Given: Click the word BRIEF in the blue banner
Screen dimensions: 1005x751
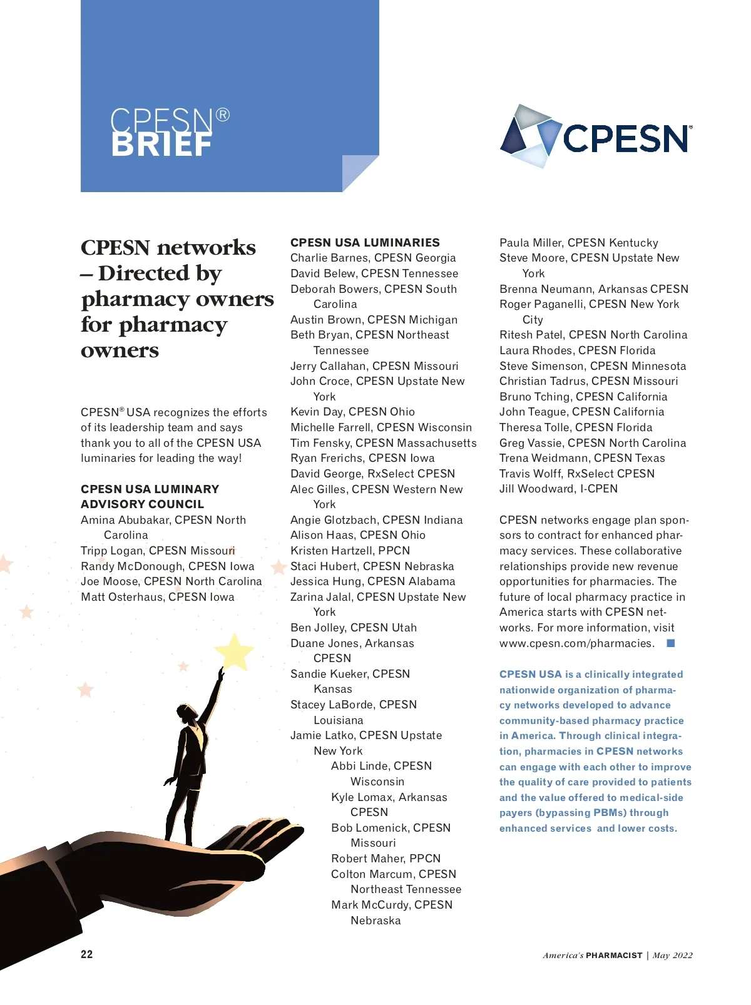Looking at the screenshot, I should point(161,145).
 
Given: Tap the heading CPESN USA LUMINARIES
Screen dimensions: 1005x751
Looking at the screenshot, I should point(365,242).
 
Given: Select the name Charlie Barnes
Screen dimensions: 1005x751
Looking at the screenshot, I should point(324,258).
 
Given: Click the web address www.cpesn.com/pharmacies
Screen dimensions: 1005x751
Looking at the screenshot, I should point(576,643).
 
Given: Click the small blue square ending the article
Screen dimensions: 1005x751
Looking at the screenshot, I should point(670,643).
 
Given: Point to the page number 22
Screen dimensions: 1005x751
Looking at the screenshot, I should point(86,954).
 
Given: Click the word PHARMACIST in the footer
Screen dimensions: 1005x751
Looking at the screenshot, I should point(614,956).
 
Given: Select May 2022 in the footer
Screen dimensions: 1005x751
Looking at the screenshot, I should point(673,956).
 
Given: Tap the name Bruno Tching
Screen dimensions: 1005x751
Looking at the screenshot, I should point(534,397).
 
